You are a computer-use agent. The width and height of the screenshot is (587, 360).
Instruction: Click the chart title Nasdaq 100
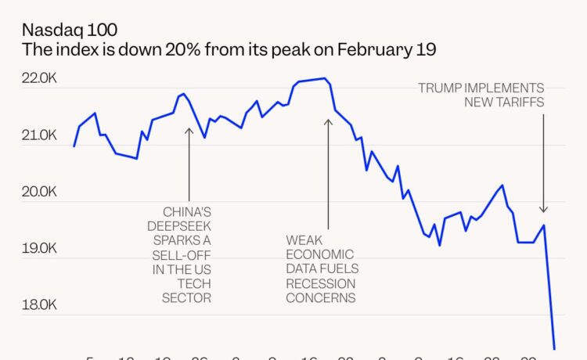coord(70,31)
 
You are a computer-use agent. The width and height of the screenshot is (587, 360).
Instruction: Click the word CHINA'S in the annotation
coord(186,212)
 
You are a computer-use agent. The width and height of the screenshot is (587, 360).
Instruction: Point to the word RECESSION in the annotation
coord(321,283)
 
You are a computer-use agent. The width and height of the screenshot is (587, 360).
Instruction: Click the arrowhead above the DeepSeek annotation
coord(189,130)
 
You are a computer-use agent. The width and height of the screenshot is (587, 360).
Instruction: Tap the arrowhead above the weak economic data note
coord(328,121)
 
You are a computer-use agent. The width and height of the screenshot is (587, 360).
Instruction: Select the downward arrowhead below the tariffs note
coord(543,209)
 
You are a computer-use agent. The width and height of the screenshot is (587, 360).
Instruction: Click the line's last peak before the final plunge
coord(543,225)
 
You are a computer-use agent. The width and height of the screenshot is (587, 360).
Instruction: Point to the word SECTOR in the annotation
coord(186,298)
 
